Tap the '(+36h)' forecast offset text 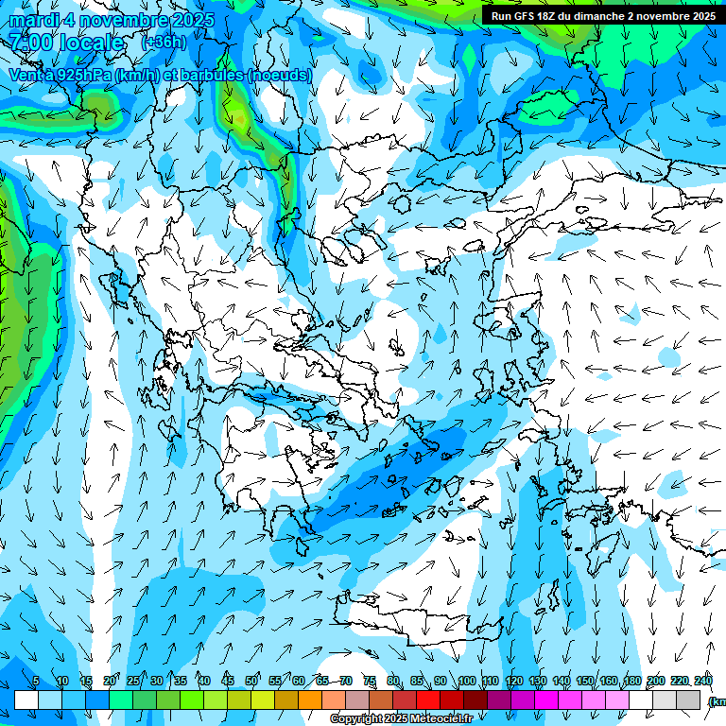coord(163,43)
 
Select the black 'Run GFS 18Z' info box coord(602,16)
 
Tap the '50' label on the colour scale coord(251,681)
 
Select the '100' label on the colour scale coord(467,681)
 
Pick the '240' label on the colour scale coord(703,681)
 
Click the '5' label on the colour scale coord(36,681)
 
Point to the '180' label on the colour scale coord(632,681)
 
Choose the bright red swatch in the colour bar coord(428,700)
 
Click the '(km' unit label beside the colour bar coord(717,700)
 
